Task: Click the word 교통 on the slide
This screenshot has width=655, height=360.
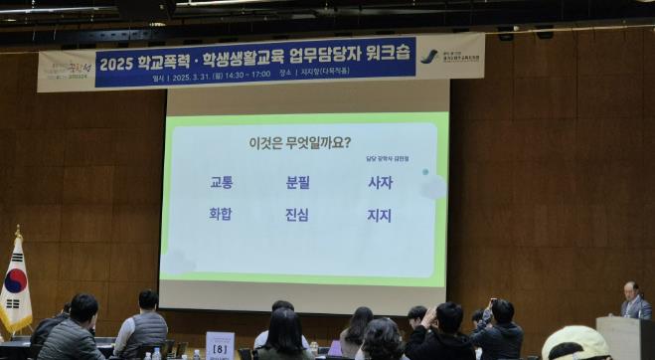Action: point(221,183)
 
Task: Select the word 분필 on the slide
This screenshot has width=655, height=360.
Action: point(298,183)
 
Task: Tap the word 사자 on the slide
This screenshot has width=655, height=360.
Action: point(380,183)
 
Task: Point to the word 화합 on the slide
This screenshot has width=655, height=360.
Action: point(221,214)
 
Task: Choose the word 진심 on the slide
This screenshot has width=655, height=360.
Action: point(298,215)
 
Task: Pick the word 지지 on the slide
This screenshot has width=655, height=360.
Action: point(380,215)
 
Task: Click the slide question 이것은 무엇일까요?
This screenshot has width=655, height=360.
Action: point(299,142)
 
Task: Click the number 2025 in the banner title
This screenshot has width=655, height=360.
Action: point(116,63)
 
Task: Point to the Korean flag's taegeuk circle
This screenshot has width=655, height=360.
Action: point(15,280)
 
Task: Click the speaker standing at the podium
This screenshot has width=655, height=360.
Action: point(632,300)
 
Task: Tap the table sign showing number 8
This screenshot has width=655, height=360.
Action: point(220,347)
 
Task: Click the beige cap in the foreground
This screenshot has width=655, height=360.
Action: point(576,342)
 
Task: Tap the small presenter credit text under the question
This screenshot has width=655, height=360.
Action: point(387,158)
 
